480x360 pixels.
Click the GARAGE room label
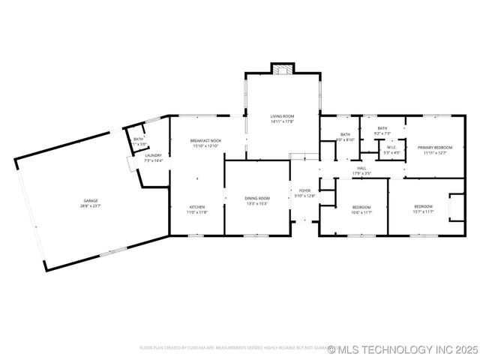[91, 200]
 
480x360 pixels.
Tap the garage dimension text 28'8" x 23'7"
[91, 205]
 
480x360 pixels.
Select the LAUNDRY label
[153, 155]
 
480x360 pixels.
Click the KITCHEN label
[196, 207]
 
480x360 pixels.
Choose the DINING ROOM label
[256, 198]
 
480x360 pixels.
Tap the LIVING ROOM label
[282, 116]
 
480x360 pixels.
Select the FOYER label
[304, 190]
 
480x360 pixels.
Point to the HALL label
[361, 168]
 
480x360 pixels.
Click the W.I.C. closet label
[391, 147]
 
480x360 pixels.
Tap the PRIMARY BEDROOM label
[434, 148]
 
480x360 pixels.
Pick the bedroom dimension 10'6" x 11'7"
[362, 212]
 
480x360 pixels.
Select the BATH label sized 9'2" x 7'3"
[382, 128]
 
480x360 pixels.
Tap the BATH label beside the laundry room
[138, 139]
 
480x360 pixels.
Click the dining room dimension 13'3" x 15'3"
[256, 203]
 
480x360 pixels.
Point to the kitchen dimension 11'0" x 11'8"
[196, 212]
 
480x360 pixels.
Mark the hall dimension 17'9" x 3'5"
[361, 173]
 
